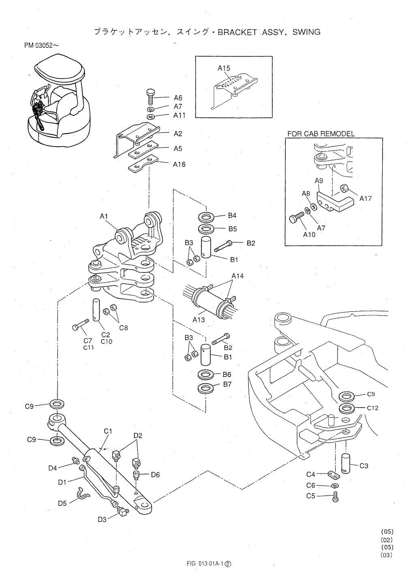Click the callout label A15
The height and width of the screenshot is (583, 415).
coord(224,68)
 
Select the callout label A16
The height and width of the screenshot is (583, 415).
coord(179,164)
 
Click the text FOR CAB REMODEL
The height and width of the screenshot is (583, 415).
coord(321,134)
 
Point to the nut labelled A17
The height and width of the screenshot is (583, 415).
coord(344,189)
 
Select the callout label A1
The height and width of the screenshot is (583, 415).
coord(104,217)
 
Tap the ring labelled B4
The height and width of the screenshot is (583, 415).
coord(207,217)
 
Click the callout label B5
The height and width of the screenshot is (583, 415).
coord(232,229)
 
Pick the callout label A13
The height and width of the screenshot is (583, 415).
coord(199,320)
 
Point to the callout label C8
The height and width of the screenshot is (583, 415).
coord(123,328)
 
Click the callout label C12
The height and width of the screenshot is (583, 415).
coord(372,408)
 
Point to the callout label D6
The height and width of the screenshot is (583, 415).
coord(155,475)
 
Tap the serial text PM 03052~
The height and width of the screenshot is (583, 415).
coord(41,45)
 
